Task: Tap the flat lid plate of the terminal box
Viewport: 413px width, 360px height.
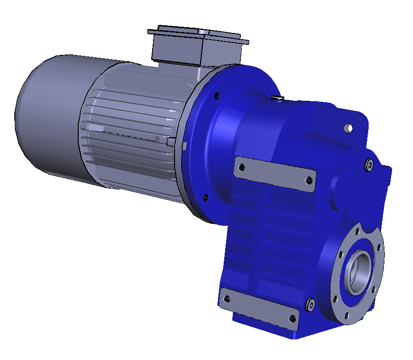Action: tap(198, 35)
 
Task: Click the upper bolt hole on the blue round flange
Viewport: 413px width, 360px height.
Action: tap(217, 95)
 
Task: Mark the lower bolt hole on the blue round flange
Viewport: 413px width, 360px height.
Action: tap(206, 196)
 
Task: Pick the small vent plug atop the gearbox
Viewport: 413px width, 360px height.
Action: tap(277, 98)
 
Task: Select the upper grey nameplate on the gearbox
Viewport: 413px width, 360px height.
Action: tap(275, 173)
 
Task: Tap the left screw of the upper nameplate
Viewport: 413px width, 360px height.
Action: tap(242, 167)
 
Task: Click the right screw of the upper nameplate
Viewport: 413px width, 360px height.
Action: tap(309, 180)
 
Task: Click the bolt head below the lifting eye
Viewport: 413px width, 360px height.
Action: tap(369, 164)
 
